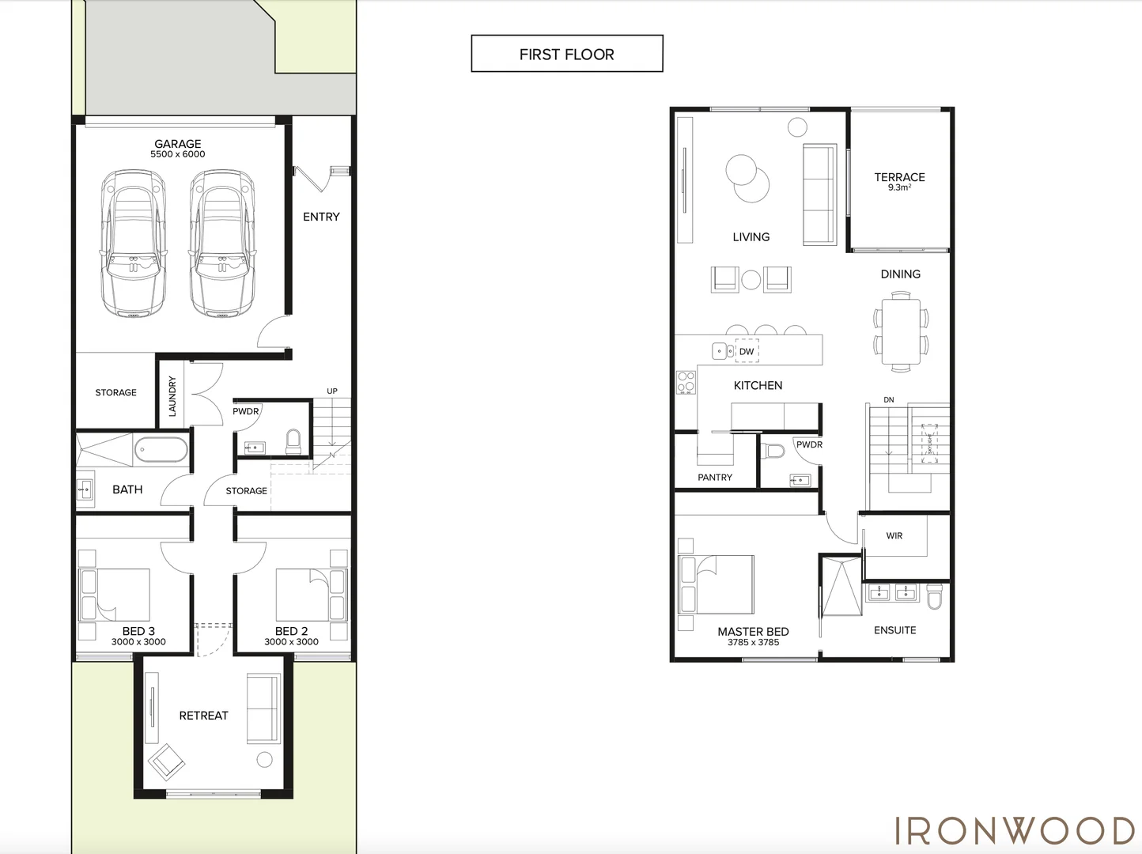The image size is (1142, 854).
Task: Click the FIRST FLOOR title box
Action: coord(566,54)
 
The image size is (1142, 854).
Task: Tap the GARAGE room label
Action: coord(177,144)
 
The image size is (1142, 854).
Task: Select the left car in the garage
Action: coord(134,244)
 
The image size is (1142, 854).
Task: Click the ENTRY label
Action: coord(321,217)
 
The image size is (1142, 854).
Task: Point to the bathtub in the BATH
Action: coord(161,451)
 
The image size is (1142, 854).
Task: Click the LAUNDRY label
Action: coord(172,395)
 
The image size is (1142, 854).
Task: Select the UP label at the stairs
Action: coord(332,391)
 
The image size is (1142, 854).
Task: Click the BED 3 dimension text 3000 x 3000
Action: coord(138,642)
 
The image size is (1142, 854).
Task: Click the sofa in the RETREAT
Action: coord(263,708)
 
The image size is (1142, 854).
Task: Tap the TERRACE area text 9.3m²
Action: coord(899,188)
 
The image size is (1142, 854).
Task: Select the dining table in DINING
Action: coord(901,331)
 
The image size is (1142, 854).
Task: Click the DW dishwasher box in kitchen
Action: coord(747,351)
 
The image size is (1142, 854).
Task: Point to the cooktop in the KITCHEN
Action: coord(686,383)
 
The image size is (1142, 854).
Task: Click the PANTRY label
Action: coord(715,478)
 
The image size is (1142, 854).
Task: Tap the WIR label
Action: coord(894,536)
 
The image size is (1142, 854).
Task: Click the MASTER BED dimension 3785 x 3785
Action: coord(753,643)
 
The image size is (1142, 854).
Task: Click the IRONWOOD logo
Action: coord(1015,831)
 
